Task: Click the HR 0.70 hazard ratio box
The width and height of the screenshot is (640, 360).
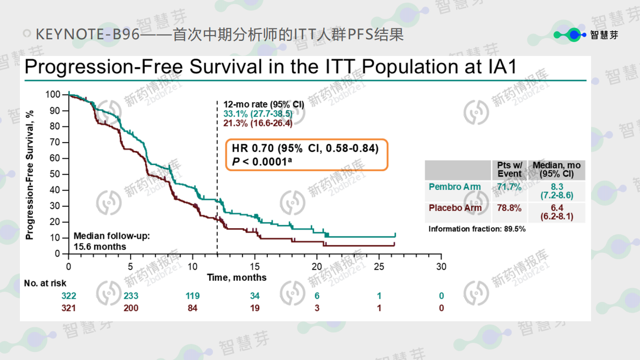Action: coord(306,154)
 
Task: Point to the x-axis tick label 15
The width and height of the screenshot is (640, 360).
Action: coord(255,266)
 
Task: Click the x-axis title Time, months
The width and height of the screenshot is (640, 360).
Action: coord(237,278)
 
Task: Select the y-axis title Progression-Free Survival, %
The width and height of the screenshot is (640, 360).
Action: coord(30,174)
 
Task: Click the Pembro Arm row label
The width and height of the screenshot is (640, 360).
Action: coord(454,187)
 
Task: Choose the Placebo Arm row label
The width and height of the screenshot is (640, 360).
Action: coord(455,208)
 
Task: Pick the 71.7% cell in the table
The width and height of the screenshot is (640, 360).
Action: coord(509,187)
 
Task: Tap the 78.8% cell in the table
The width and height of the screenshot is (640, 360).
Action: coord(509,208)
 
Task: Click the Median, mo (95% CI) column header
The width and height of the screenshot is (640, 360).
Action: coord(556,170)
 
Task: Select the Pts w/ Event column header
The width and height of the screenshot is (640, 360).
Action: coord(509,170)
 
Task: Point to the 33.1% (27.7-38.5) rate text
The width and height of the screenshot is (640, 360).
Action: coord(258,114)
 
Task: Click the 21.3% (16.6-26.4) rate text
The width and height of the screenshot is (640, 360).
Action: coord(258,123)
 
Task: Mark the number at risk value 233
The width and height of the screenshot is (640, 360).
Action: coord(131,296)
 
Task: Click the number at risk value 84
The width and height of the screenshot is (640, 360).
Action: coord(193,308)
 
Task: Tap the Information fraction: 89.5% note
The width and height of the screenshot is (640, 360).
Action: coord(477,229)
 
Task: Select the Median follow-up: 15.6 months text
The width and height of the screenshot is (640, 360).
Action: coord(111,241)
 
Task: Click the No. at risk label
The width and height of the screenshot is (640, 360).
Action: coord(45,283)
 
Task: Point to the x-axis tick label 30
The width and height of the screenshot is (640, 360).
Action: coord(441,266)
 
